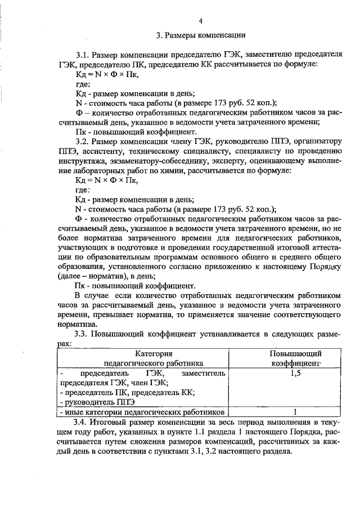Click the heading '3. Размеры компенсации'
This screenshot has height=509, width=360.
pyautogui.click(x=200, y=35)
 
